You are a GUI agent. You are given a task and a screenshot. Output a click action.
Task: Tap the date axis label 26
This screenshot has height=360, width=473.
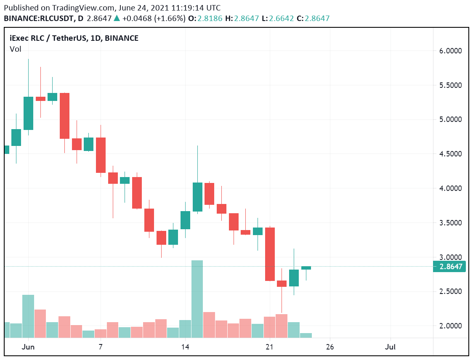[330, 347]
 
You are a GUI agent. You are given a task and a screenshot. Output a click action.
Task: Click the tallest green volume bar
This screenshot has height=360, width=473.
[197, 299]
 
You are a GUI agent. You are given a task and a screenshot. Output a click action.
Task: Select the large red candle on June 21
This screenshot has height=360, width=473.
[270, 254]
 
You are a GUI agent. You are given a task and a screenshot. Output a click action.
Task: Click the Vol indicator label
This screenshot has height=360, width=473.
[15, 49]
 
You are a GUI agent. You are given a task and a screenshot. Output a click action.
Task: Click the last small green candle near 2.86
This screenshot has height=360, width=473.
[306, 268]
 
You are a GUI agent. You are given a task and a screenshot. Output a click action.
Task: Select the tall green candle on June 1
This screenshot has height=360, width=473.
[28, 113]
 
